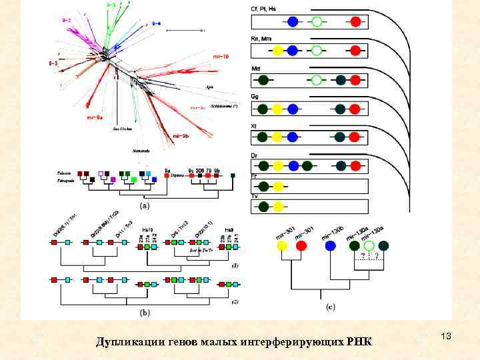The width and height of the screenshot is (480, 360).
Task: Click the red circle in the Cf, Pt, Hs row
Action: [355, 22]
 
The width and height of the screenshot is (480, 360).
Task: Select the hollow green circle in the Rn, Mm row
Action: [317, 51]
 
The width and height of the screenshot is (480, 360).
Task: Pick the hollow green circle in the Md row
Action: [317, 80]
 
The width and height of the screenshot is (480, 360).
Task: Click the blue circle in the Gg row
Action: [292, 109]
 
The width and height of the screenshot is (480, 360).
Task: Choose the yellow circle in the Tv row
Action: [279, 205]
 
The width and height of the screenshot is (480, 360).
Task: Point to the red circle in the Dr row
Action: [355, 166]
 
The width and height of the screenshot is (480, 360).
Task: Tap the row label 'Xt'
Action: [255, 125]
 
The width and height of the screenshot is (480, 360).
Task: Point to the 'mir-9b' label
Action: [181, 137]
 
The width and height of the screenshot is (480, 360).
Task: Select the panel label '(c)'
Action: [331, 307]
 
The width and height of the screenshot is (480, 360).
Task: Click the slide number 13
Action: [446, 338]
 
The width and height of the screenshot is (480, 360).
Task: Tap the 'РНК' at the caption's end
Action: [358, 342]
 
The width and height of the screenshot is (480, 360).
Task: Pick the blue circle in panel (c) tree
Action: [331, 245]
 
